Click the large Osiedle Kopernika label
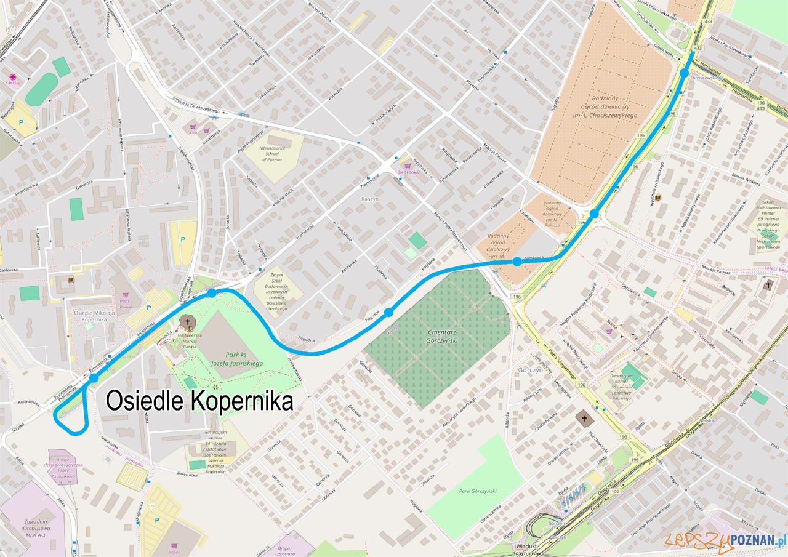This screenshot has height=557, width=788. (x=199, y=401)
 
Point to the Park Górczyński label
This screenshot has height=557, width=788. (x=482, y=491)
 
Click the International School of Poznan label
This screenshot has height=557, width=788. (x=273, y=153)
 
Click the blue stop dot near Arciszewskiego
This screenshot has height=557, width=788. (x=684, y=73)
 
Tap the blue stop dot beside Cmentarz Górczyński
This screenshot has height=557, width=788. (x=388, y=313)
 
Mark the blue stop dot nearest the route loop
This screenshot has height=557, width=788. (x=94, y=378)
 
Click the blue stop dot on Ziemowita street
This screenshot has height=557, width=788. (x=517, y=262)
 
